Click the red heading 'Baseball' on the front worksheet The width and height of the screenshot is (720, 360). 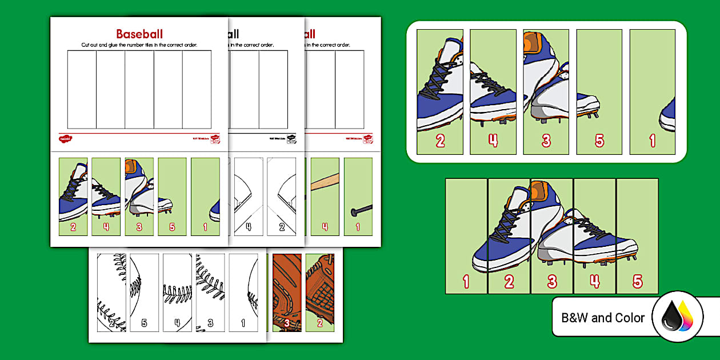click(139, 34)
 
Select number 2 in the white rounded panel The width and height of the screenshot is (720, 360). click(440, 141)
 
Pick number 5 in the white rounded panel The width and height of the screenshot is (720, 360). click(599, 141)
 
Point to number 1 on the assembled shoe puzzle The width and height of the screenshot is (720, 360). click(466, 281)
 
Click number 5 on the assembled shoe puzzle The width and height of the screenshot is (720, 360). click(637, 281)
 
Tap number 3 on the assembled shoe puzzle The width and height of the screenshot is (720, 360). click(552, 281)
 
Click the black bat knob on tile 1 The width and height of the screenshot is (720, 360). click(355, 213)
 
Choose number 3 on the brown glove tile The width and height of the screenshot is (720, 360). click(287, 323)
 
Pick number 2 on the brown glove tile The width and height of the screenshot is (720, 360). click(320, 323)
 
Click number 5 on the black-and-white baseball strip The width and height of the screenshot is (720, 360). click(144, 323)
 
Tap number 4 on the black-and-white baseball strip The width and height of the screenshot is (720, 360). click(177, 323)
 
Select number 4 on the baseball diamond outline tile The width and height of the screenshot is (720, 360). click(248, 227)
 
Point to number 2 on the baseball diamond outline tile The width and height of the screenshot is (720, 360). click(282, 227)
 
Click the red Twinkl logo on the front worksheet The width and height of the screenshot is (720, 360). click(65, 138)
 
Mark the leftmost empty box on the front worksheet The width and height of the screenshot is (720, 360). click(82, 89)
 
